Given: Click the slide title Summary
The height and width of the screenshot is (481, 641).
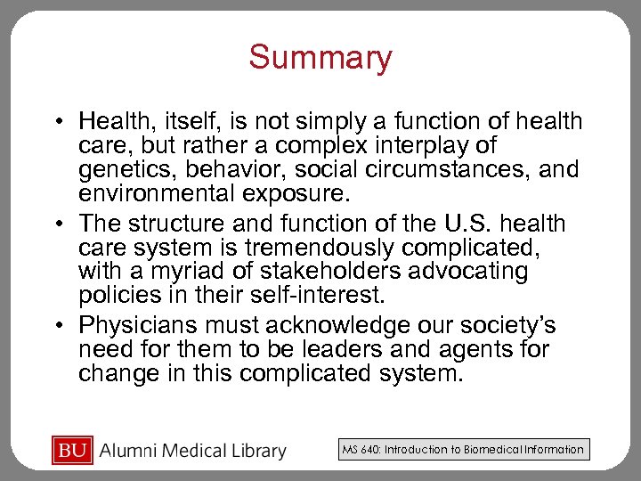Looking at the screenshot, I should point(320,58).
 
